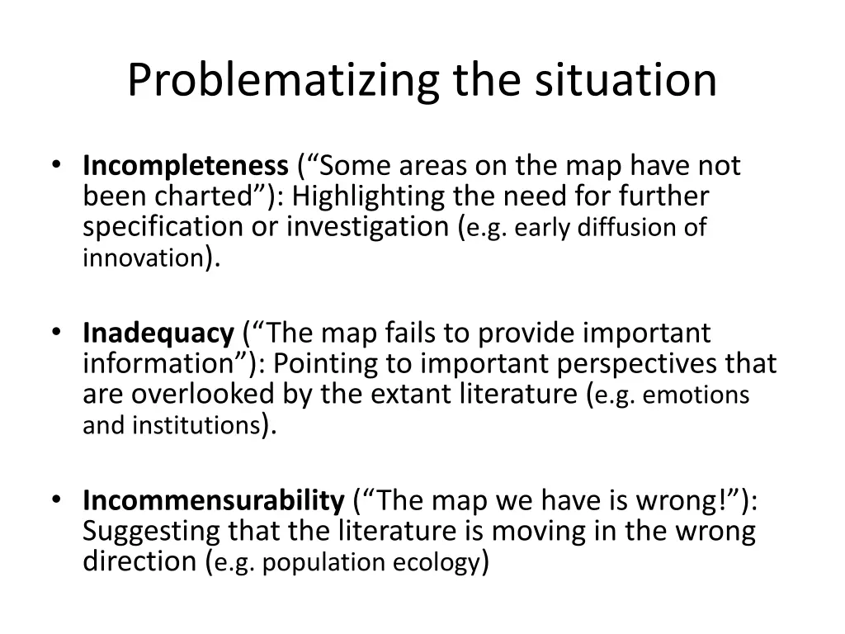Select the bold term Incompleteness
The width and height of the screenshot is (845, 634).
click(184, 167)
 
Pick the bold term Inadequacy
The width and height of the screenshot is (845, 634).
click(158, 334)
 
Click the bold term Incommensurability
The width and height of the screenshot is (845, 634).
click(214, 500)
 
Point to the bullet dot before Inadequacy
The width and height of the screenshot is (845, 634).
click(55, 333)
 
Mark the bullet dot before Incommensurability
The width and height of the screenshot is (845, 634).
click(55, 499)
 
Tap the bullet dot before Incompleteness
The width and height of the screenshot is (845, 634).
click(55, 166)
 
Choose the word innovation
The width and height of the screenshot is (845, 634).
click(142, 258)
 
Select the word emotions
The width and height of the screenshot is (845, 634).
click(696, 395)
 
